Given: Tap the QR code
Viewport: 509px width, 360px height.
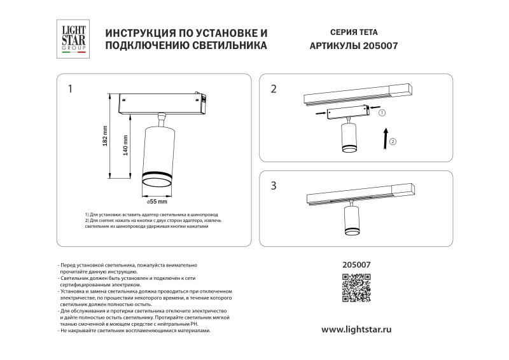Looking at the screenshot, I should coord(356,287).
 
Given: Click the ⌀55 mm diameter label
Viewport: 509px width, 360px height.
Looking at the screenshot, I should coord(157,202).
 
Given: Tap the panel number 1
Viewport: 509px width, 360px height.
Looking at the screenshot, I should coord(71,88).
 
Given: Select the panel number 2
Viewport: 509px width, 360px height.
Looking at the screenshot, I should coord(274,89).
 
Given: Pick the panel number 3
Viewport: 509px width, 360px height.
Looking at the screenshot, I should coord(274,186).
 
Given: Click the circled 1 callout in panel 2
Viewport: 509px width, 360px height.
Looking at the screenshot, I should coord(382,113).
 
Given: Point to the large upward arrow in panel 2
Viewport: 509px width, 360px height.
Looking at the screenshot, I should coord(384,137).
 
